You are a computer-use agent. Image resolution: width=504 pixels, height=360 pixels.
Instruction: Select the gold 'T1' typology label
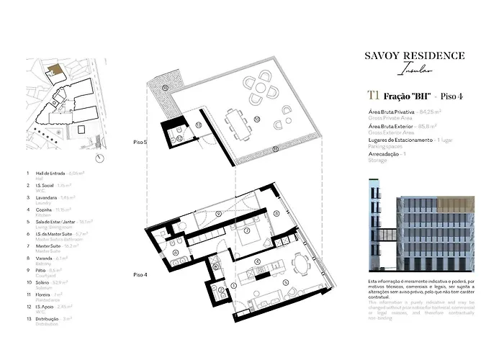coord(373,95)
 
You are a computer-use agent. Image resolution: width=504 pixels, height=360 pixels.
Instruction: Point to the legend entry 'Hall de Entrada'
coord(50,174)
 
